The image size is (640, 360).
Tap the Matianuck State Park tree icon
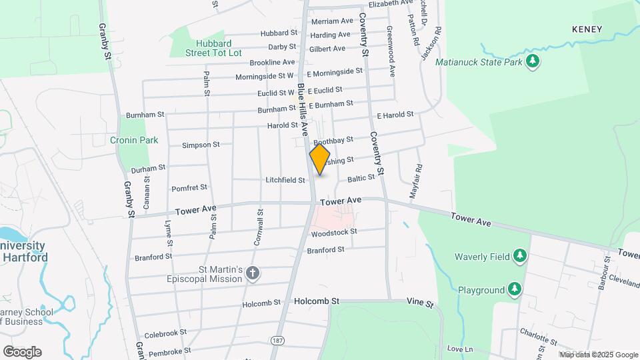click(532, 62)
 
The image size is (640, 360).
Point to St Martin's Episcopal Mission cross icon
click(252, 273)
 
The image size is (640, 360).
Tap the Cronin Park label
click(134, 140)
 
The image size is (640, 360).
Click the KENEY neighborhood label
click(587, 29)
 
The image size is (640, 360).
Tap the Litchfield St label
click(285, 180)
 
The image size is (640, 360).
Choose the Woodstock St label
click(334, 232)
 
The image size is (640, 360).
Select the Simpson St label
click(201, 145)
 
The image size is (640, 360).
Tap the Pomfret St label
click(190, 188)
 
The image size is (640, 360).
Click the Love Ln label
click(459, 349)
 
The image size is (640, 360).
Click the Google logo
click(21, 351)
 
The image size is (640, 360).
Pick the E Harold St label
click(395, 115)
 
